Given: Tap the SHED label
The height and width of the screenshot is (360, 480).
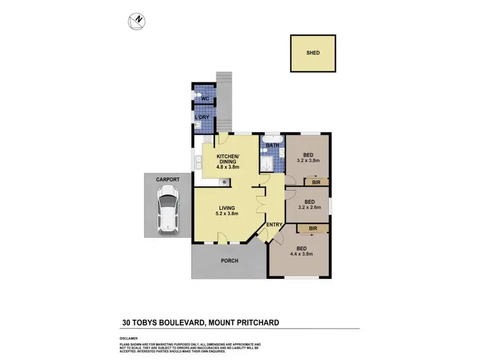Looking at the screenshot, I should coord(312,53).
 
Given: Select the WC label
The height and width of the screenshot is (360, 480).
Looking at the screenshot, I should coord(205,98).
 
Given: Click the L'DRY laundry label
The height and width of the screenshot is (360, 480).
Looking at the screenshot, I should coord(202,118).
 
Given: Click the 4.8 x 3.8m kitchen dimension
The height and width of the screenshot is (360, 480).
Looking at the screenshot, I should coord(227,168).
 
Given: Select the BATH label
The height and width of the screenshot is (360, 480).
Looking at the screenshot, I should coord(273,146).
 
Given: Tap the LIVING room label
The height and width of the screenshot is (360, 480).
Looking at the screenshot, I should coord(227,208).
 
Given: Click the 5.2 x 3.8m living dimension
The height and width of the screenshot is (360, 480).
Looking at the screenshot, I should coord(227,214).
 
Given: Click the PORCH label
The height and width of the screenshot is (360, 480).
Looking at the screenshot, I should coord(229,260).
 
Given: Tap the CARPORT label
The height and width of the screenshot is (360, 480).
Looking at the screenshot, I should coord(167,180).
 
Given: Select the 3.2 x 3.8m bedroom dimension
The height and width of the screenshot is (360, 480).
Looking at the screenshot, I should coord(308,162).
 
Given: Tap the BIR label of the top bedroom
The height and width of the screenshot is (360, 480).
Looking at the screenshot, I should coord(316,183).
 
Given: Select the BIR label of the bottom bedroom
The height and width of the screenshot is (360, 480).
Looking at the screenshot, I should coord(313,228).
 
